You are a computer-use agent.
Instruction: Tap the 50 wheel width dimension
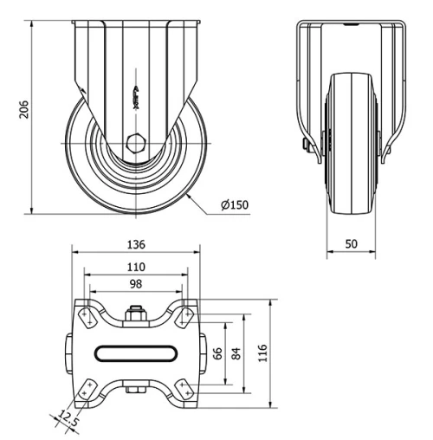pyautogui.click(x=351, y=244)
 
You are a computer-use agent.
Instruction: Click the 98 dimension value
pyautogui.click(x=134, y=284)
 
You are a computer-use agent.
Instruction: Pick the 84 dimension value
pyautogui.click(x=236, y=353)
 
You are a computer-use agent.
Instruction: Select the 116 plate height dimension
pyautogui.click(x=263, y=353)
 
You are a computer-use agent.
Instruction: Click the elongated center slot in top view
pyautogui.click(x=134, y=353)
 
